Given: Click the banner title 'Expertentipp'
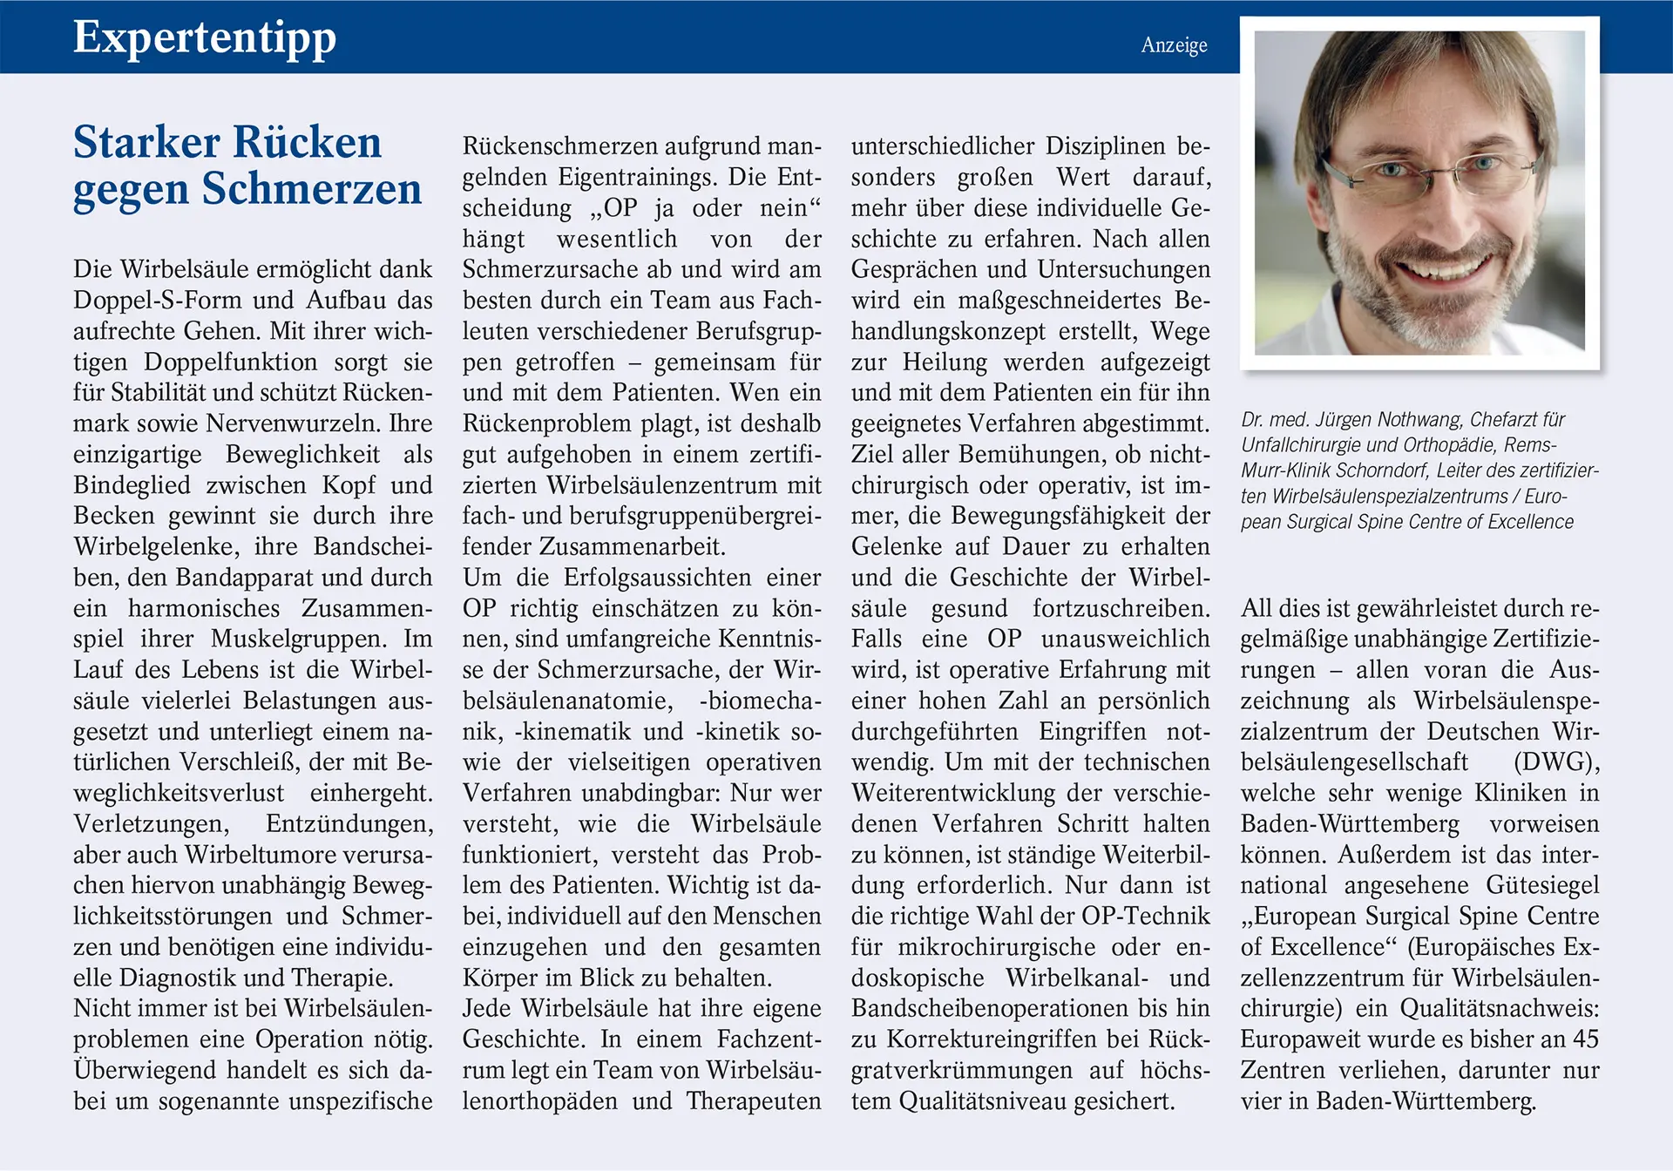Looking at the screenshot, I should (204, 38).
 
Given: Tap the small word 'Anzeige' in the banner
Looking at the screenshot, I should (1174, 45).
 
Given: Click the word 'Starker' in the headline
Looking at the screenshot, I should (146, 142).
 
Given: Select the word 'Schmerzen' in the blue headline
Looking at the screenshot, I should (311, 189).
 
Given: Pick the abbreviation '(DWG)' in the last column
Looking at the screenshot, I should (1556, 762).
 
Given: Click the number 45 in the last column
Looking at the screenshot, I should (1585, 1039).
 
